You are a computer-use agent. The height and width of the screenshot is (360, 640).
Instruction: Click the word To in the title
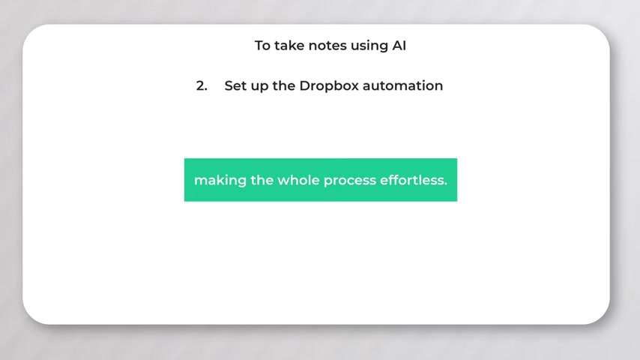[x=262, y=45]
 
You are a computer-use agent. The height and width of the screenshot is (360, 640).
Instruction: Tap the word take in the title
[x=289, y=45]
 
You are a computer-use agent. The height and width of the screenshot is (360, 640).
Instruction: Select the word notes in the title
[x=327, y=46]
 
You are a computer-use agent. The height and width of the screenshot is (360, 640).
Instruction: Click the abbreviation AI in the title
[x=399, y=45]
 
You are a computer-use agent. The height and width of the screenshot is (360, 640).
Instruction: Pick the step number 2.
[x=202, y=85]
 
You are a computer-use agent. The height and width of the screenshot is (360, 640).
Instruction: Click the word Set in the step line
[x=235, y=85]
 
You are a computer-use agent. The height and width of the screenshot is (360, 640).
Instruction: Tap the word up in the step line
[x=259, y=87]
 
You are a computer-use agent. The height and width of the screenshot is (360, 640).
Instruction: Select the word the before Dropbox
[x=284, y=85]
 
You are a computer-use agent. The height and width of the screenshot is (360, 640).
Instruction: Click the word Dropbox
[x=329, y=85]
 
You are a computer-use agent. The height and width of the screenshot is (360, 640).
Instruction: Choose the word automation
[x=403, y=85]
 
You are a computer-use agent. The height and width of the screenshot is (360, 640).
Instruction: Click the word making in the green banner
[x=220, y=181]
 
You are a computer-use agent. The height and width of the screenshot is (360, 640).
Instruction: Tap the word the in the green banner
[x=262, y=180]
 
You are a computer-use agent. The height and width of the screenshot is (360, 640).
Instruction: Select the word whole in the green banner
[x=298, y=180]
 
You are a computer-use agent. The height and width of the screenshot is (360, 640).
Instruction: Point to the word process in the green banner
[x=350, y=181]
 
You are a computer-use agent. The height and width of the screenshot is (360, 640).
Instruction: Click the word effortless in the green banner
[x=412, y=180]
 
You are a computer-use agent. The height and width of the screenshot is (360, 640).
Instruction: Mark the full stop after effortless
[x=446, y=184]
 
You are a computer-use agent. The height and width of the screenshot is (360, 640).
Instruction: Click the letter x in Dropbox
[x=354, y=87]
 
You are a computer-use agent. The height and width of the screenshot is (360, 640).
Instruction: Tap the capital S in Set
[x=229, y=85]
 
